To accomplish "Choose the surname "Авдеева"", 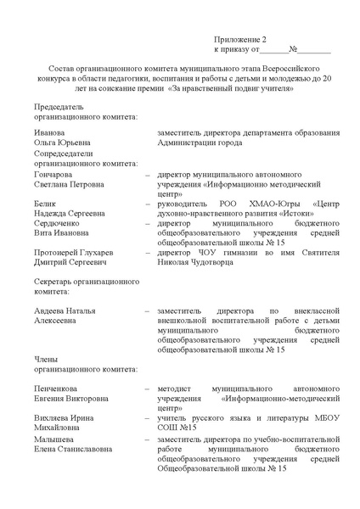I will pyautogui.click(x=50, y=310).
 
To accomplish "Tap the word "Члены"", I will pyautogui.click(x=46, y=360).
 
